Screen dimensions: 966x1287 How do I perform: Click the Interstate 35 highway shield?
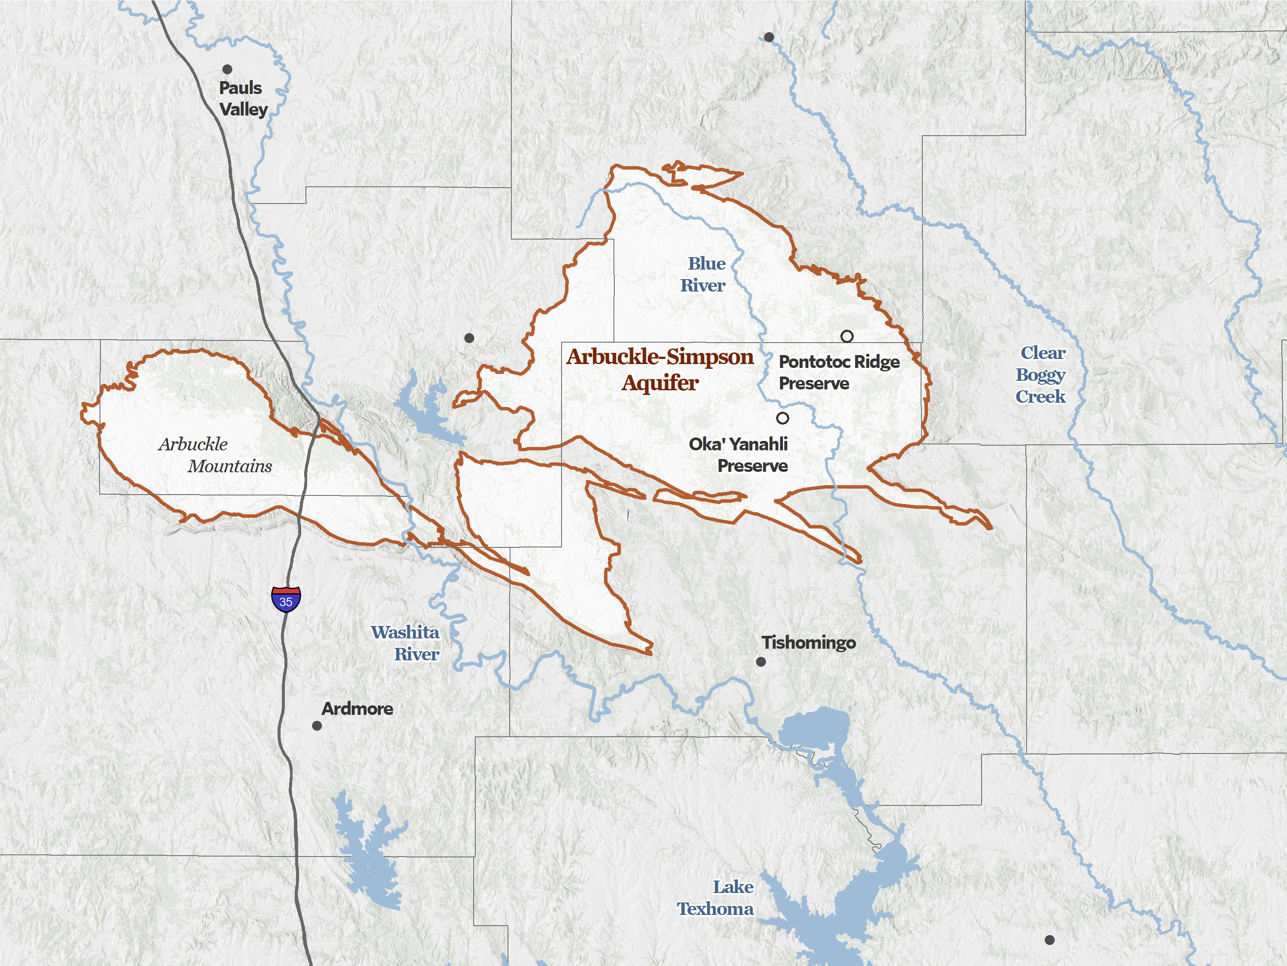point(286,600)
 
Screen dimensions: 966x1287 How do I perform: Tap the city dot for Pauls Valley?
point(227,69)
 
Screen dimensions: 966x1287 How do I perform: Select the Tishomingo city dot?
point(761,662)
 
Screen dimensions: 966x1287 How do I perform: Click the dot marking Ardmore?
point(317,726)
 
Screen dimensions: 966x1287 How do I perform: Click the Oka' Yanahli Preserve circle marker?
point(782,418)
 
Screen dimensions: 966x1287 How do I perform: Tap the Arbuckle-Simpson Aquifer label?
point(660,370)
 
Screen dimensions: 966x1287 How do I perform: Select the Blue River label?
point(704,274)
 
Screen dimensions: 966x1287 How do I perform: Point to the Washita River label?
point(405,643)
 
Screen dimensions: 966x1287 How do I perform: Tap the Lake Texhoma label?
point(716,897)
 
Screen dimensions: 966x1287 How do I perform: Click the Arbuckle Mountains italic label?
point(214,455)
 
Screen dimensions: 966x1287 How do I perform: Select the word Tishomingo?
point(809,642)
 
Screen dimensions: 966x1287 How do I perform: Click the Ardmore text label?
point(357,709)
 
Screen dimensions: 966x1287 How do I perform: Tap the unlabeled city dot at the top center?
point(769,37)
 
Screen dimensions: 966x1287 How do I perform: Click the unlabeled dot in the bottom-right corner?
point(1050,940)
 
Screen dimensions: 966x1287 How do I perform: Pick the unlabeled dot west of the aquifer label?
point(469,338)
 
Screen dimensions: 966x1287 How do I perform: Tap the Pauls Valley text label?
point(243,98)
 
